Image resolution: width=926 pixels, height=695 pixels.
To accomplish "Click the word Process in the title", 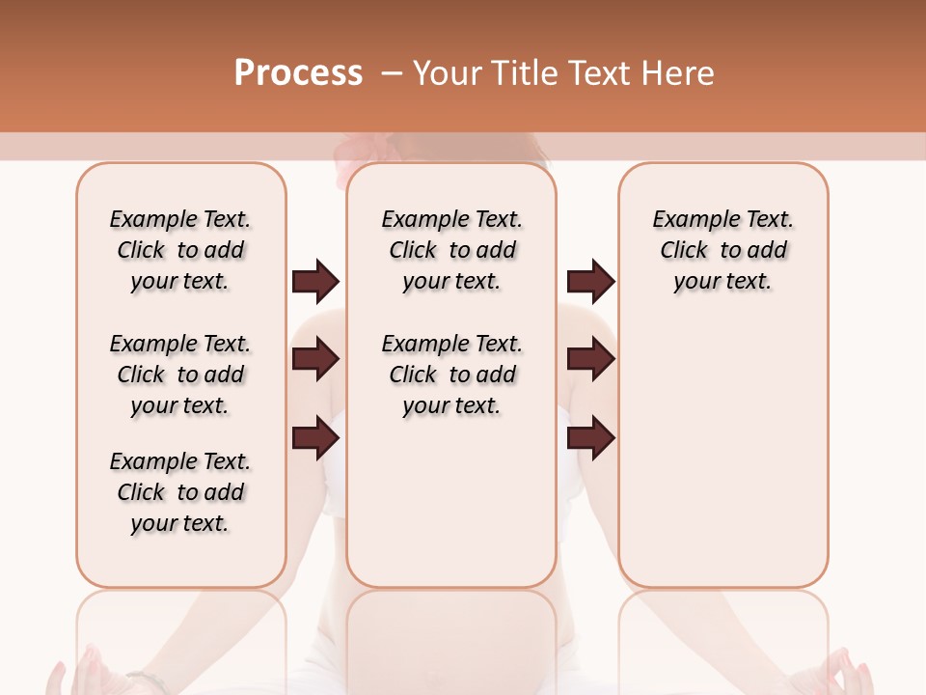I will pos(298,73).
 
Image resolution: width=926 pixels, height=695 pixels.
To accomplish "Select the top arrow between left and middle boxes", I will pos(315,282).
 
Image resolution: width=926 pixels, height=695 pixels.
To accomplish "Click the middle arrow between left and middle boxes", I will pos(315,360).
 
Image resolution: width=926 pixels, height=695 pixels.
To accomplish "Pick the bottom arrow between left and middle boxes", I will pos(315,439).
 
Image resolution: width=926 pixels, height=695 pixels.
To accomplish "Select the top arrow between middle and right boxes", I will pos(590,282).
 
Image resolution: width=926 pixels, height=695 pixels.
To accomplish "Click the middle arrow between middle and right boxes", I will pos(590,360).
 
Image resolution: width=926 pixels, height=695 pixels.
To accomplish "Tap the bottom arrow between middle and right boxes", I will pos(590,439).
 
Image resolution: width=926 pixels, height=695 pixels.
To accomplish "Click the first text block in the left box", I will pos(180,250).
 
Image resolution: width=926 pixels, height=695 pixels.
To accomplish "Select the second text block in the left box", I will pos(180,375).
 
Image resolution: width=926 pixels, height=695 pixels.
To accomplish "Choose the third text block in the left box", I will pos(180,492).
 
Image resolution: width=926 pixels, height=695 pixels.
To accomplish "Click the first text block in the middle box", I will pos(451,250).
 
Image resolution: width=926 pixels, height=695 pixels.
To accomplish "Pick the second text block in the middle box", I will pos(451,375).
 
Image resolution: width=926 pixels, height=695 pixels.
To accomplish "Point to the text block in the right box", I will pos(722,250).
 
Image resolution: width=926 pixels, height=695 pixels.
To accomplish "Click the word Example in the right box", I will pos(688,220).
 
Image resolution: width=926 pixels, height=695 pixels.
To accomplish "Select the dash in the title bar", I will pos(392,73).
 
